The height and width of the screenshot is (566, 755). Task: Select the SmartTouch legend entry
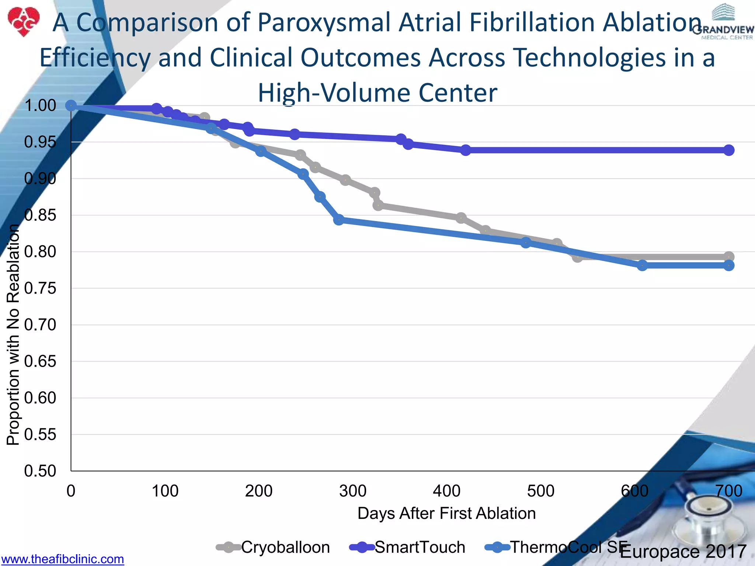[x=408, y=547]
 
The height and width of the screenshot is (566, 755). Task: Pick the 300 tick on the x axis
[x=353, y=491]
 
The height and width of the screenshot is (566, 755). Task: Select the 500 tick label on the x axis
[x=540, y=491]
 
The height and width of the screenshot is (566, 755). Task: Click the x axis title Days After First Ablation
[x=446, y=513]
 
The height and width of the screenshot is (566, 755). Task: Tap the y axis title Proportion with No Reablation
[x=13, y=335]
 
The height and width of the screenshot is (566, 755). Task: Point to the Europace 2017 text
[x=683, y=552]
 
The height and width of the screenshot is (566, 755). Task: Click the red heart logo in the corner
[x=23, y=21]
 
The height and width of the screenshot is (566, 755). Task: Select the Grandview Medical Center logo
[x=723, y=22]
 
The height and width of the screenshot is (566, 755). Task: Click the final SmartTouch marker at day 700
[x=728, y=150]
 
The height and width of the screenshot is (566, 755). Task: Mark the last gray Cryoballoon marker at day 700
[x=728, y=257]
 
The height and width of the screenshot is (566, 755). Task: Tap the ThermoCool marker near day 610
[x=642, y=265]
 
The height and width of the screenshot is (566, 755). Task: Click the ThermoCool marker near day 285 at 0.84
[x=339, y=220]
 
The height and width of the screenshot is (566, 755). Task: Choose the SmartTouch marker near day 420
[x=466, y=150]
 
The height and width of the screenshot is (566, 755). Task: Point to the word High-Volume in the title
[x=334, y=92]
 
